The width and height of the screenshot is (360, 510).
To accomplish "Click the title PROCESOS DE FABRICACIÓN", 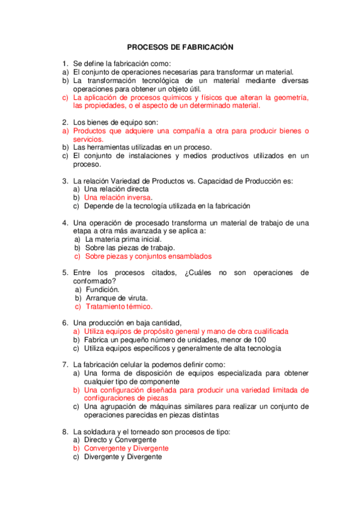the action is click(180, 46).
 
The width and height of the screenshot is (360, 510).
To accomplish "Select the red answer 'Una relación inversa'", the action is click(118, 197).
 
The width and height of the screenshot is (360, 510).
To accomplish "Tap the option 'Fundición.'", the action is click(102, 289).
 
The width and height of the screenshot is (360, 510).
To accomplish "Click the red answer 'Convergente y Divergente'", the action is click(126, 448).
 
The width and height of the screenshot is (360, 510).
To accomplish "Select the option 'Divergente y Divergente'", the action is click(123, 456).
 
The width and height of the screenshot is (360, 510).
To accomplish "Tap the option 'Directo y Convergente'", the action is click(120, 440).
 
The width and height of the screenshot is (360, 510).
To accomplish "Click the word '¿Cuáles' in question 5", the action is click(199, 272).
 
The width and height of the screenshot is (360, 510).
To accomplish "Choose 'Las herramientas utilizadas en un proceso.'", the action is click(142, 147).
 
